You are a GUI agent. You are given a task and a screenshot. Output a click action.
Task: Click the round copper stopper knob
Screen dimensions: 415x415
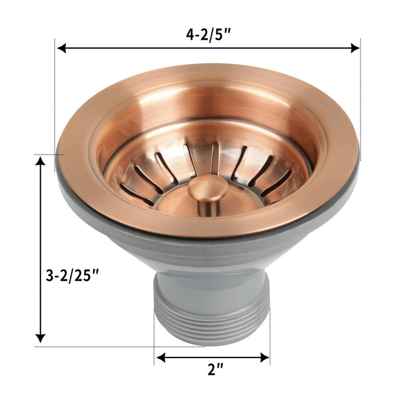tap(207, 190)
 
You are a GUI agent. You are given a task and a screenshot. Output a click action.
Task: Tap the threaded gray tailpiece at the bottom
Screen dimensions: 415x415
tap(212, 314)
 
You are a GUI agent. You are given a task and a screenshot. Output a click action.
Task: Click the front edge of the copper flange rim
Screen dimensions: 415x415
tap(207, 228)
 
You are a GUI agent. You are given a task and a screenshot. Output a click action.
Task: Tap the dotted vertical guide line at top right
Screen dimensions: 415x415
tap(360, 89)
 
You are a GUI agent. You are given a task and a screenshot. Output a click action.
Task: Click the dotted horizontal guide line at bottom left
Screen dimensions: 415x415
tap(95, 347)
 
